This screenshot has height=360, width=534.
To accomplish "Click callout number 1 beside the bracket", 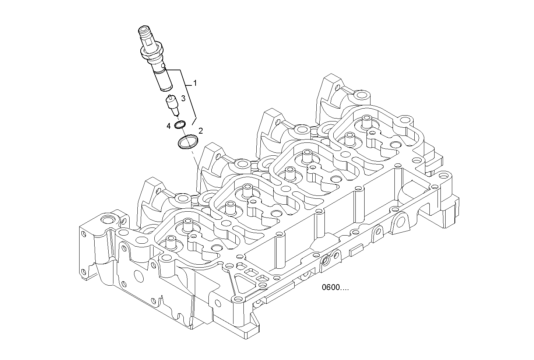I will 195,83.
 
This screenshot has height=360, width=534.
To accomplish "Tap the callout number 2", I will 201,130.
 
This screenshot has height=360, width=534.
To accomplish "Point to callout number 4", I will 168,126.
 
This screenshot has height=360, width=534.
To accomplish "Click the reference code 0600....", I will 335,287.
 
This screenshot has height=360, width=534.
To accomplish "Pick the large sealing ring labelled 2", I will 188,142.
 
